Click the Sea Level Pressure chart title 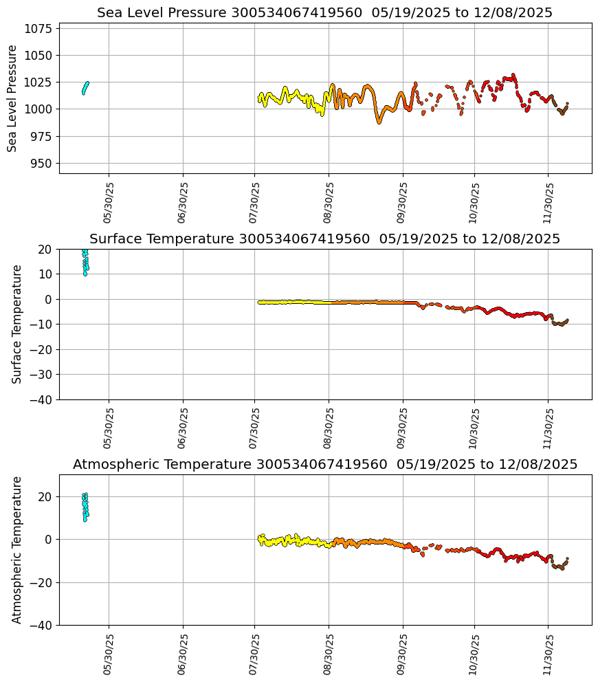324,13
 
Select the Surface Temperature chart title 324,239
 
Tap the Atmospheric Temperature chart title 324,465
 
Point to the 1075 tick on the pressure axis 41,29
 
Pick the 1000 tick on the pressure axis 41,109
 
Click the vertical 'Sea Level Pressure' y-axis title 13,98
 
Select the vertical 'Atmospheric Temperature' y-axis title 18,550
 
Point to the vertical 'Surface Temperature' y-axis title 18,324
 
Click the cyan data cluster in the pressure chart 85,87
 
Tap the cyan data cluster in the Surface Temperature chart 85,261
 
